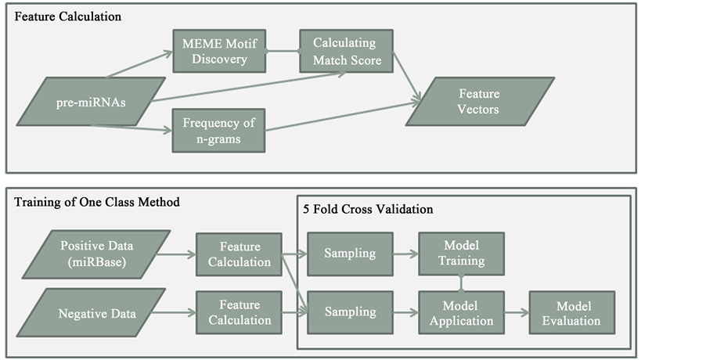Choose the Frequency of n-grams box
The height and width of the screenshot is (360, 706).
tap(219, 130)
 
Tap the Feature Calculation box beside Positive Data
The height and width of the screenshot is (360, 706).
tap(240, 252)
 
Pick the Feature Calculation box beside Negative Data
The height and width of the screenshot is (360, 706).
tap(240, 311)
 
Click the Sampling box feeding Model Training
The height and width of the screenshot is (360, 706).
tap(350, 252)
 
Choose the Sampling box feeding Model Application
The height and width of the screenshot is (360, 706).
tap(350, 311)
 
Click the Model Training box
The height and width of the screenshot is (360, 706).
tap(461, 252)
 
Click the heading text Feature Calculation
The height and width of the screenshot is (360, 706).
tap(67, 16)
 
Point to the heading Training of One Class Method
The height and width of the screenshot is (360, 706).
tap(97, 203)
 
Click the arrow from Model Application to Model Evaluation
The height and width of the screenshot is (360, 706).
tap(517, 311)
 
